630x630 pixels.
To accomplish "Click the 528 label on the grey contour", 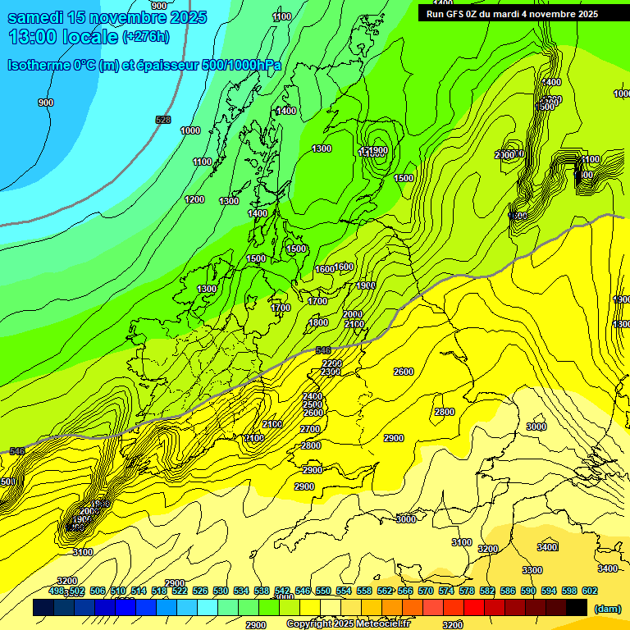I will coord(163,121).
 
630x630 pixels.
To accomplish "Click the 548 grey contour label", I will coord(16,451).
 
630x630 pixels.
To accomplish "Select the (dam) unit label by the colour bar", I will coord(606,608).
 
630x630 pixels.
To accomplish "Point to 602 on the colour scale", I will coord(590,591).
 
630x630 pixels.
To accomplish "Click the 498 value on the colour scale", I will coord(57,591).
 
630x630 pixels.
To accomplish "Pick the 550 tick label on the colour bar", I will coord(323,591).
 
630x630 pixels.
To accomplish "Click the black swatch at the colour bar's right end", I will coord(577,607).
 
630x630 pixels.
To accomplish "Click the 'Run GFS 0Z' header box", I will coord(512,14).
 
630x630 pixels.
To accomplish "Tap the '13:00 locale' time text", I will coord(63,37).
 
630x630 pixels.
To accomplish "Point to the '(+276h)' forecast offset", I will coord(146,37).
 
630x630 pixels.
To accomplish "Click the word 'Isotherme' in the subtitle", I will coord(39,65).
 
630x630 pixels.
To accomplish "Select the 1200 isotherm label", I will coord(194,199).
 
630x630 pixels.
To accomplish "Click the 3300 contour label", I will coord(532,570).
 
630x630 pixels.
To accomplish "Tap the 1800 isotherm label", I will coord(318,322).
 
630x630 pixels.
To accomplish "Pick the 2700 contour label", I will coord(310,429).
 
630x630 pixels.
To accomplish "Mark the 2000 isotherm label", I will coord(353,314).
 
